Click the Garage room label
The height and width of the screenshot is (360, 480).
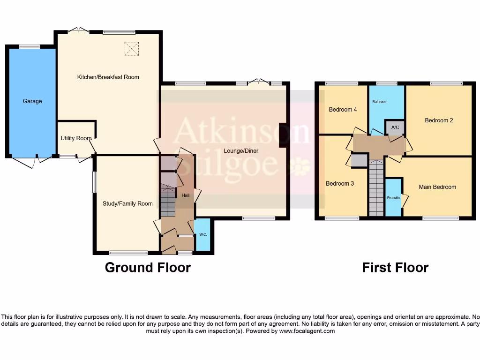tap(32, 101)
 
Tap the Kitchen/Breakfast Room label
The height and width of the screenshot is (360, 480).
tap(108, 77)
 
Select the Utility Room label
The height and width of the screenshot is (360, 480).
tap(76, 138)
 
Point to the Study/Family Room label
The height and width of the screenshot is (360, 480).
tap(127, 203)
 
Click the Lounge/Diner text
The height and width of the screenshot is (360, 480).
tap(241, 151)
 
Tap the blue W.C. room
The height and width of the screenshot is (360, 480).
tap(202, 235)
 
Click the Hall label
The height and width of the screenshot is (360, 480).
tap(185, 195)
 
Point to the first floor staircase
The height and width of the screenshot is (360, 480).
tap(376, 187)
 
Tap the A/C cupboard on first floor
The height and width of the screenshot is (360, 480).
tap(395, 127)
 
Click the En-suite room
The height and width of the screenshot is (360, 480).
tap(393, 197)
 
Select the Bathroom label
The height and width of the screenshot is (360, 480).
tap(380, 102)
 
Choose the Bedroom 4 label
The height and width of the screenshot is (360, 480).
tap(343, 110)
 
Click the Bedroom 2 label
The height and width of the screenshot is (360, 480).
tap(439, 120)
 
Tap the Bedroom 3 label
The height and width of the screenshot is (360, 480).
tap(340, 184)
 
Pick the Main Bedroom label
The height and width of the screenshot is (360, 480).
tap(437, 187)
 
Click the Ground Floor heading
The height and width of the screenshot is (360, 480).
tap(148, 267)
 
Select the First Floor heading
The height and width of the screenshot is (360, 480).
tap(395, 267)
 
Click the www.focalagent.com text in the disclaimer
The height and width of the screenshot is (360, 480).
tap(307, 331)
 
